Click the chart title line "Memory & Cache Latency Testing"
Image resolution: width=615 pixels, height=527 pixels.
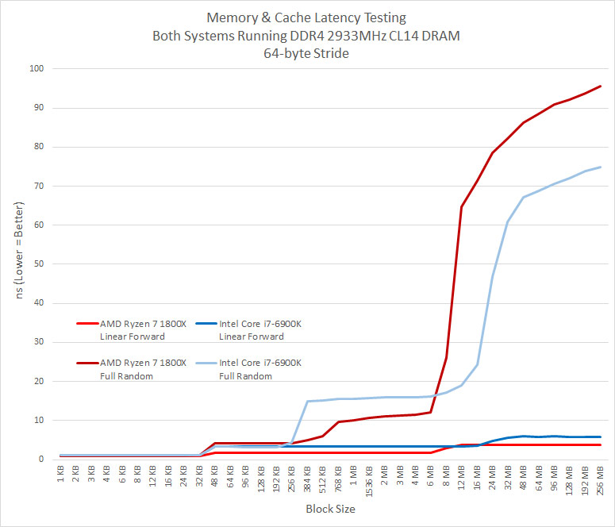pyautogui.click(x=307, y=17)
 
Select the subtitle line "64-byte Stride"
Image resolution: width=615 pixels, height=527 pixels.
pyautogui.click(x=307, y=54)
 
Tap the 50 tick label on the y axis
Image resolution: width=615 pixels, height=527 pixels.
pyautogui.click(x=39, y=264)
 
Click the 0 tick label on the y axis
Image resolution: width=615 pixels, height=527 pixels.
pyautogui.click(x=41, y=460)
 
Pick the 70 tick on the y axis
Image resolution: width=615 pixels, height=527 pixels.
pyautogui.click(x=39, y=186)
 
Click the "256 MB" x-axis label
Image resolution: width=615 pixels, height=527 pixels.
pyautogui.click(x=600, y=479)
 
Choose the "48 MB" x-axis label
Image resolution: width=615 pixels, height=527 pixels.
pyautogui.click(x=523, y=477)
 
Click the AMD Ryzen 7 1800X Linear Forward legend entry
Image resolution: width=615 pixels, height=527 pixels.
pyautogui.click(x=131, y=329)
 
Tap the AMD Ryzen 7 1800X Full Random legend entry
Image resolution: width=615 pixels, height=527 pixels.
pyautogui.click(x=131, y=369)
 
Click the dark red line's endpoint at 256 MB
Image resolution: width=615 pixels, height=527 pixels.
pyautogui.click(x=600, y=86)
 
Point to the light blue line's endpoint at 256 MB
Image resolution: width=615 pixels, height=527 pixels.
pyautogui.click(x=600, y=167)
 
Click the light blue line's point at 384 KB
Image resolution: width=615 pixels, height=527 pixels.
pyautogui.click(x=307, y=401)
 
